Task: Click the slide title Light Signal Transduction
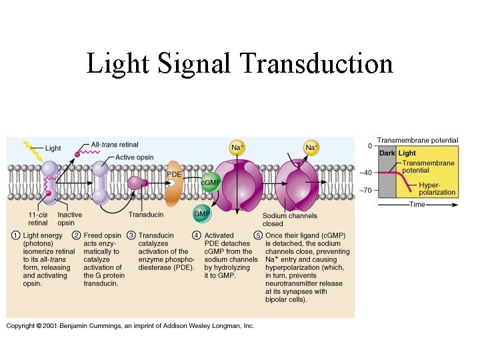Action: tap(239, 64)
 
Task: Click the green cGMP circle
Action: tap(211, 182)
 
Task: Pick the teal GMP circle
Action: tap(202, 214)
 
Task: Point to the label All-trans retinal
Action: tap(115, 144)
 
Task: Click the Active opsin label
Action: tap(134, 157)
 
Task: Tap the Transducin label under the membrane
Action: tap(146, 215)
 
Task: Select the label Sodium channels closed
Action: tap(289, 220)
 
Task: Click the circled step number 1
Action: tap(14, 235)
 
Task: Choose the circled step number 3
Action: tap(131, 235)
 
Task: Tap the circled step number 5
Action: tap(258, 235)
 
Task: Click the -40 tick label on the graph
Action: tap(367, 173)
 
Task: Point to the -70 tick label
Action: tap(367, 190)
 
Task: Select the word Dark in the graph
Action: tap(387, 153)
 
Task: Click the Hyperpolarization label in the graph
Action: tap(437, 189)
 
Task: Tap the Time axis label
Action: tap(417, 205)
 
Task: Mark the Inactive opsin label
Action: tap(70, 219)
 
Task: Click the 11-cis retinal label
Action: tap(37, 219)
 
